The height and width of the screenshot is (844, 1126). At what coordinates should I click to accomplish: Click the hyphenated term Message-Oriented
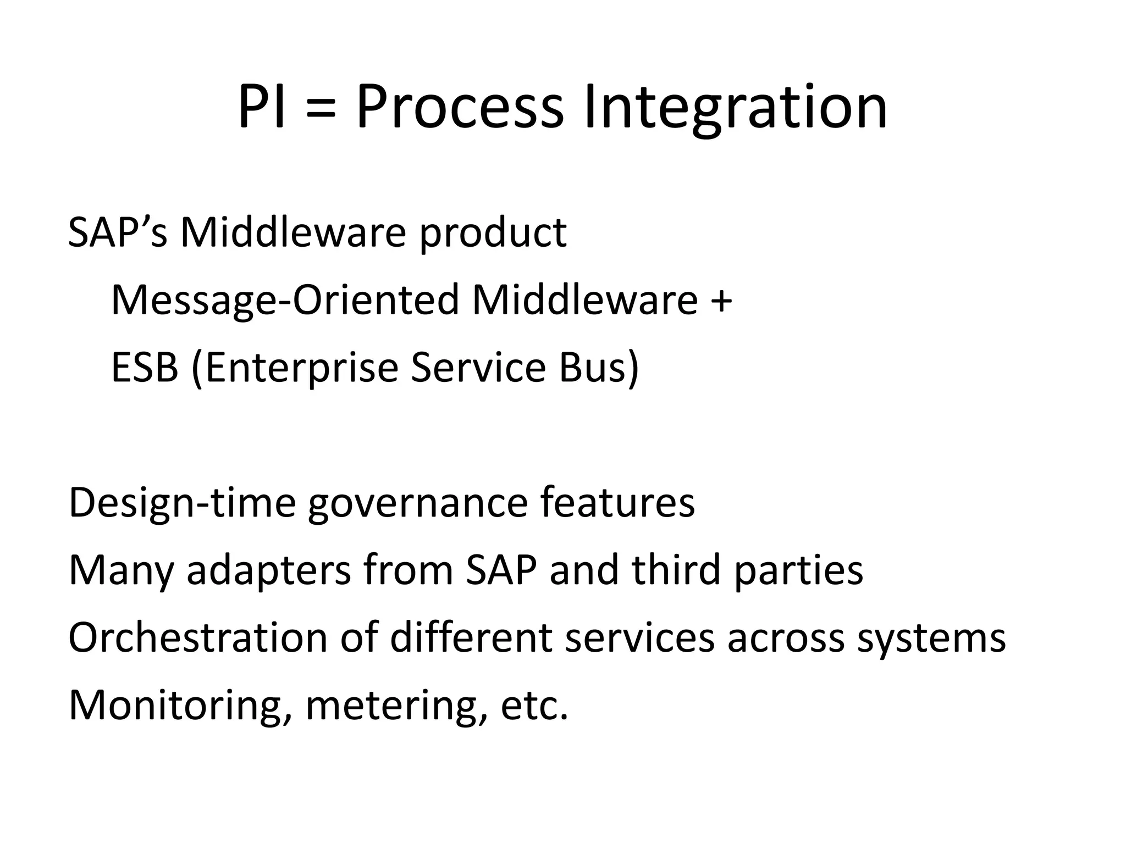pyautogui.click(x=285, y=301)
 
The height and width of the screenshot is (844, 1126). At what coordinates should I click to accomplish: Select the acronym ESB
pyautogui.click(x=145, y=368)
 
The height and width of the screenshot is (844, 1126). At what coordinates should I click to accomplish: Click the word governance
pyautogui.click(x=417, y=503)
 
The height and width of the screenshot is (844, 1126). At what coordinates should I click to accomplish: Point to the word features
pyautogui.click(x=617, y=502)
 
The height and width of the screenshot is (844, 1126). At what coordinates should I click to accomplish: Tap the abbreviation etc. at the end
pyautogui.click(x=533, y=706)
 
